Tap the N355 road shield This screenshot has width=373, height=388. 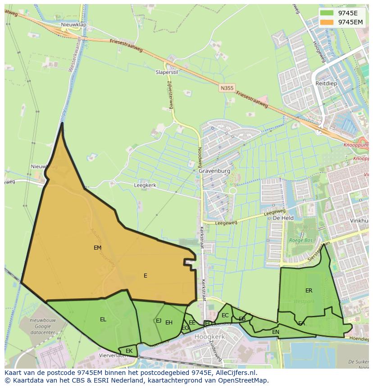pyautogui.click(x=227, y=88)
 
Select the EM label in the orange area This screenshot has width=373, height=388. pyautogui.click(x=97, y=248)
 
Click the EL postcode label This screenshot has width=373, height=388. pyautogui.click(x=103, y=320)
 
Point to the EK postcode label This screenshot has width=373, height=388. pyautogui.click(x=129, y=351)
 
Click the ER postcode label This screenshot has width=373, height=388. pyautogui.click(x=309, y=291)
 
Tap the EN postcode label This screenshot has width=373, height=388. pyautogui.click(x=276, y=332)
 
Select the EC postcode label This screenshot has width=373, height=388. pyautogui.click(x=225, y=315)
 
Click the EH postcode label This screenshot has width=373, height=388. pyautogui.click(x=169, y=323)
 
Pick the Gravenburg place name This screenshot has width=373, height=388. pyautogui.click(x=214, y=171)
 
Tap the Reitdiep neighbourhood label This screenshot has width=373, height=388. pyautogui.click(x=326, y=84)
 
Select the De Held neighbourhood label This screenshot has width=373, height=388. pyautogui.click(x=283, y=218)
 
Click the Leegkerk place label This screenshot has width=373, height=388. pyautogui.click(x=145, y=185)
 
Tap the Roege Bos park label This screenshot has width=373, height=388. pyautogui.click(x=300, y=241)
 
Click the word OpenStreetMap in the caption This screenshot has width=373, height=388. pyautogui.click(x=241, y=380)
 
